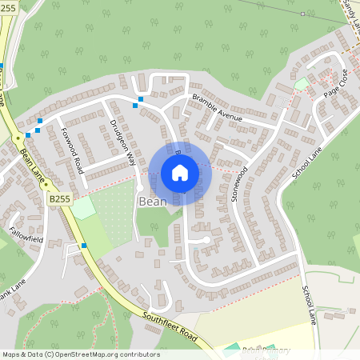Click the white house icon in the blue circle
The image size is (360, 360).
tap(180, 173)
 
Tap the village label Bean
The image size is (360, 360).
tap(152, 202)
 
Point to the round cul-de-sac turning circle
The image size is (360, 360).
tap(206, 239)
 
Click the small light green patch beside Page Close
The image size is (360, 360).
tap(301, 83)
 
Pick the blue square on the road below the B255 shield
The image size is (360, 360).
tap(83, 246)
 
